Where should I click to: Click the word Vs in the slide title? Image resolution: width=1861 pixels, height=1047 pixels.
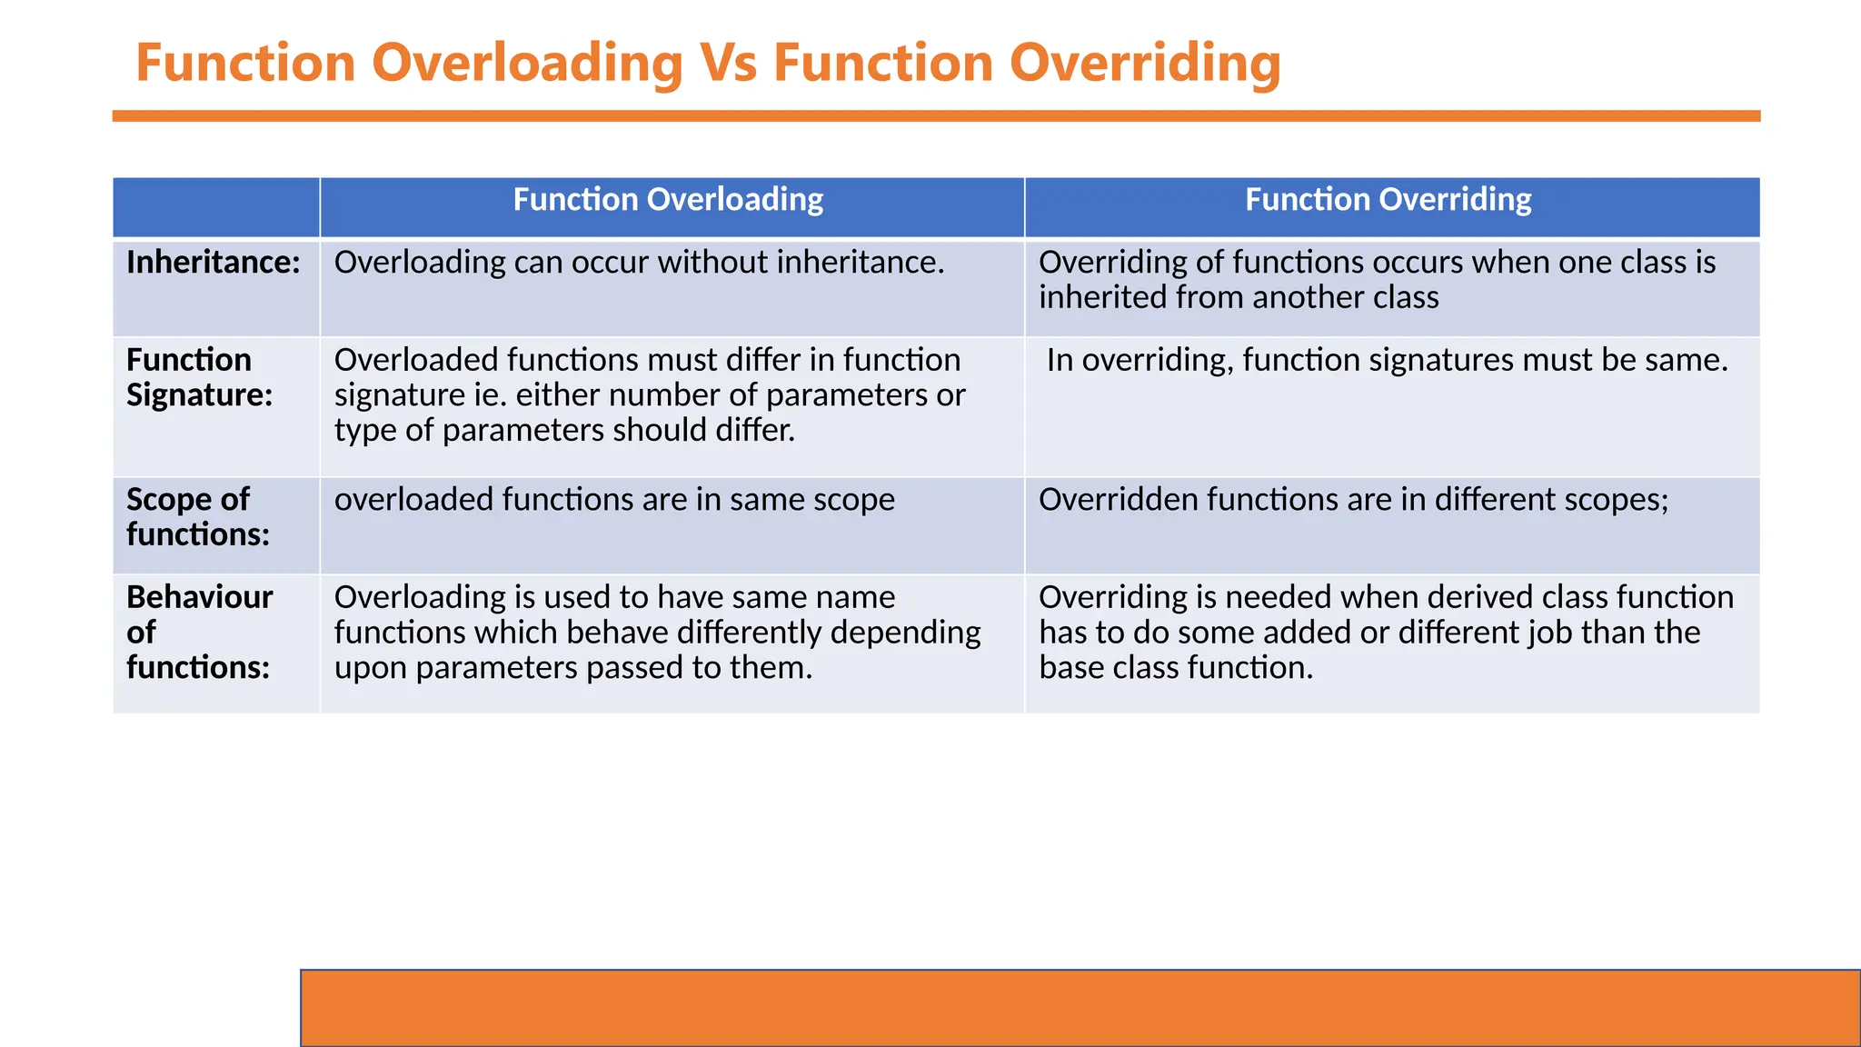[x=727, y=64]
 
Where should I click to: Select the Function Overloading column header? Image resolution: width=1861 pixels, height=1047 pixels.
[x=668, y=200]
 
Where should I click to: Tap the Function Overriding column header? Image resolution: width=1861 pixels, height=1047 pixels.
[x=1388, y=200]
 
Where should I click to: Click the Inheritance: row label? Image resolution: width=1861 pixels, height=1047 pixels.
[x=214, y=263]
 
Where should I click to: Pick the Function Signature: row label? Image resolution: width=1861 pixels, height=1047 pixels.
[x=199, y=377]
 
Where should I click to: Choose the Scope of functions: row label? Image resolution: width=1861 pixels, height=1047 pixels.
[x=197, y=516]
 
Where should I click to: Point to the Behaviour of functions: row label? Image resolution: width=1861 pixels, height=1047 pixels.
[x=199, y=632]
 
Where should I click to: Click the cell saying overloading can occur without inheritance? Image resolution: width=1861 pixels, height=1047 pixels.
[x=639, y=263]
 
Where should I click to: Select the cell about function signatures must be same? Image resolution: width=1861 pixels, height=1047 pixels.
[x=1387, y=360]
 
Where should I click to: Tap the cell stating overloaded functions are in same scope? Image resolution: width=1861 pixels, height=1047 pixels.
[x=614, y=499]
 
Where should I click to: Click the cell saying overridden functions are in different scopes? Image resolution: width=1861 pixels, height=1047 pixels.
[x=1353, y=499]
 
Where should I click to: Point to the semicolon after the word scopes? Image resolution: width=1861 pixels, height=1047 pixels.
[x=1665, y=501]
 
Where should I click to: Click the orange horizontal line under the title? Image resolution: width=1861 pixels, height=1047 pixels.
[x=936, y=116]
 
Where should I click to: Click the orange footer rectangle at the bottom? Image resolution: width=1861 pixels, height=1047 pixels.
[x=1080, y=1008]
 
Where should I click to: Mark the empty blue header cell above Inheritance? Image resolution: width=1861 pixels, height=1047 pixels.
[x=216, y=207]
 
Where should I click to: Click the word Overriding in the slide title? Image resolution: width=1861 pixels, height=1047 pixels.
[x=1145, y=64]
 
